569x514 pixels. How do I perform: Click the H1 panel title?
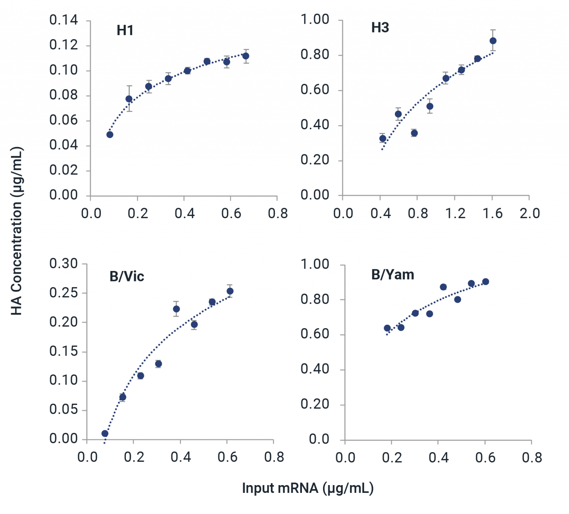pos(125,30)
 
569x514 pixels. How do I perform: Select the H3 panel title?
pos(380,28)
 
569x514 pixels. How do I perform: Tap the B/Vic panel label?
pos(127,277)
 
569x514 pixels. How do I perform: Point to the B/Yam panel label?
pos(393,275)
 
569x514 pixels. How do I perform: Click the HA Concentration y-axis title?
pos(17,231)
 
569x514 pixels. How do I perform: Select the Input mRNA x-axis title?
pos(307,488)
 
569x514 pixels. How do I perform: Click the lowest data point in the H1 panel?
pos(110,134)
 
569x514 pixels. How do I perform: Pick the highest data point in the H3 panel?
pos(493,41)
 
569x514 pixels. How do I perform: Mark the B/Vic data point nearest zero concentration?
pos(105,434)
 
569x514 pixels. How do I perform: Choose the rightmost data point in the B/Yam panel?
pos(486,282)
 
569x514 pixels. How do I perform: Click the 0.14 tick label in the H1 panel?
pos(64,20)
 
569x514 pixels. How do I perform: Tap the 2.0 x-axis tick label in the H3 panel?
pos(529,214)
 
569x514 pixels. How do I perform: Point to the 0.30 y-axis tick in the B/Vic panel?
pos(64,264)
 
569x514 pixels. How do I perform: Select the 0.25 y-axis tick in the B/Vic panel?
pos(64,293)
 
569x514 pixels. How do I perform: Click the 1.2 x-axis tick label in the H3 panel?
pos(455,214)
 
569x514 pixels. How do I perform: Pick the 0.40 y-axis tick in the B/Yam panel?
pos(315,369)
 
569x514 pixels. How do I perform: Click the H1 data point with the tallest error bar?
pos(129,99)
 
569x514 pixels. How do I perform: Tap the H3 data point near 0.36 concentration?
pos(414,133)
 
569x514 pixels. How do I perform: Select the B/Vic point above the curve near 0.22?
pos(176,309)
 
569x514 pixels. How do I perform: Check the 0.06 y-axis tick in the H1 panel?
pos(64,120)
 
